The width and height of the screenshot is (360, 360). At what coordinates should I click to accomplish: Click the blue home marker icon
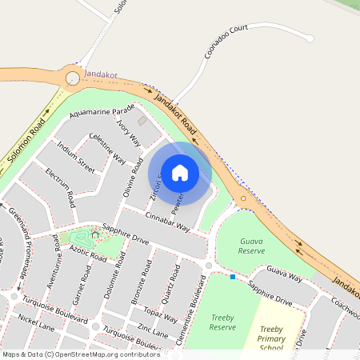180,172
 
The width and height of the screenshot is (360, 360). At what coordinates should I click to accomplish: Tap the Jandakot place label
101,74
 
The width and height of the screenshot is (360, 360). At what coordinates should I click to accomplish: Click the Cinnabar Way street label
167,222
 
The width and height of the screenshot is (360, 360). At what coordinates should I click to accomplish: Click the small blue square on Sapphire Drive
233,278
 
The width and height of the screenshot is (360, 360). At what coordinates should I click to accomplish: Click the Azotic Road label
88,255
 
